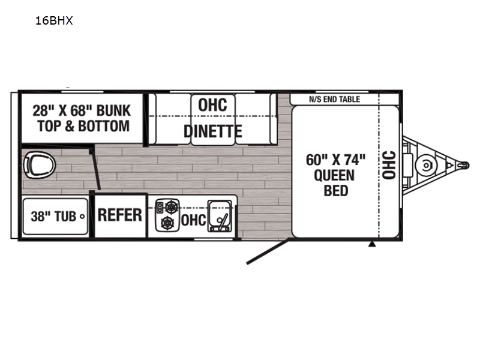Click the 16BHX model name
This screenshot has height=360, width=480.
pos(54,20)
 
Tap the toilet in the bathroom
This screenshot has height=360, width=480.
pos(39,165)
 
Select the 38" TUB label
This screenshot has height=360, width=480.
pos(53,217)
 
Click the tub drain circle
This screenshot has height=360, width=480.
pos(82,217)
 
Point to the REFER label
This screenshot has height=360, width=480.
pos(119,215)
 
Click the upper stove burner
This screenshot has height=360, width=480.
pos(172,207)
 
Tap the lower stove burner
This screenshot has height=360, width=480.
pos(168,223)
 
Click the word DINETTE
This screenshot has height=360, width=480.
pos(213,131)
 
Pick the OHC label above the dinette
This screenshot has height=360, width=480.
pos(213,105)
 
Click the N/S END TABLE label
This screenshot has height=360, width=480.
pos(335,99)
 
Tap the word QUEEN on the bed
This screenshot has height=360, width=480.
pos(334,175)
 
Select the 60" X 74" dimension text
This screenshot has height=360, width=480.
pos(336,160)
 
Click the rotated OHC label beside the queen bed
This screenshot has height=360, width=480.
pos(389,165)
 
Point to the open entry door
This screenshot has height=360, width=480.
pos(267,252)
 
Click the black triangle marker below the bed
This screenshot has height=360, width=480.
pos(372,244)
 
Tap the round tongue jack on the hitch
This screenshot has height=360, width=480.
pos(426,166)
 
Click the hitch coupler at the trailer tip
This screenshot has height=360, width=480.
pos(463,166)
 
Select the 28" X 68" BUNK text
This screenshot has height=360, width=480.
pos(82,111)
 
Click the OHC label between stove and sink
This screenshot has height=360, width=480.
pos(193,220)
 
